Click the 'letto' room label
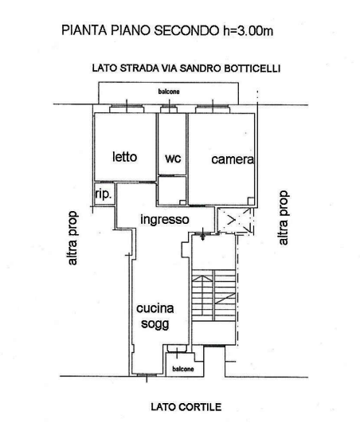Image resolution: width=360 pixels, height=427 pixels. (x=124, y=157)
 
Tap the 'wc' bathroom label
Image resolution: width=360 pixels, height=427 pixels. (x=173, y=159)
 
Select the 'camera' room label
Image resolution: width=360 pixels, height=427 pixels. (x=233, y=159)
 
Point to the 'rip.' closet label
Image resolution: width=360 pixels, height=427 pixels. (x=104, y=194)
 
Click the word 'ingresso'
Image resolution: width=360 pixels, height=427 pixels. (x=165, y=220)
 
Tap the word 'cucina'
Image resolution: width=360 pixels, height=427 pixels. (x=155, y=308)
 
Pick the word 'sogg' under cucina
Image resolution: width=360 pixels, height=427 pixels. (x=155, y=324)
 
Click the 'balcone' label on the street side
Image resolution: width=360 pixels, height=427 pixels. (x=169, y=92)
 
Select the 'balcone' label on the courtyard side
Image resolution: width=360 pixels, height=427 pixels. (x=183, y=369)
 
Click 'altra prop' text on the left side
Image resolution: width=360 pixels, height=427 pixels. (x=73, y=237)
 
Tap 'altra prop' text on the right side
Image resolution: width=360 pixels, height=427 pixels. (x=284, y=217)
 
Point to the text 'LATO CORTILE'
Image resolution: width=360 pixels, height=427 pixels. (x=186, y=407)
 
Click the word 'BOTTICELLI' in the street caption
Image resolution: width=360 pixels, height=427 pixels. (x=252, y=68)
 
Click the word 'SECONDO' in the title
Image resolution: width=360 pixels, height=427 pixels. (x=186, y=30)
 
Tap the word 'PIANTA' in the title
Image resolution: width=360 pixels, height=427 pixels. (x=84, y=30)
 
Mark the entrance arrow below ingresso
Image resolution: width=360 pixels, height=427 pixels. (x=203, y=234)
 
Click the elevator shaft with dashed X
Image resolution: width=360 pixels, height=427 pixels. (x=236, y=220)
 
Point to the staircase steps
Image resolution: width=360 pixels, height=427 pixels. (x=213, y=296)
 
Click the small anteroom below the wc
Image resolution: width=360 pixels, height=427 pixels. (x=172, y=190)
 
